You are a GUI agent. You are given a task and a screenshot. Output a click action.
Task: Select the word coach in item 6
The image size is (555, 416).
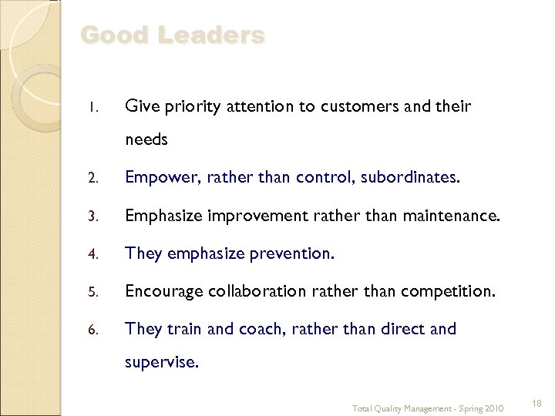point(261,329)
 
